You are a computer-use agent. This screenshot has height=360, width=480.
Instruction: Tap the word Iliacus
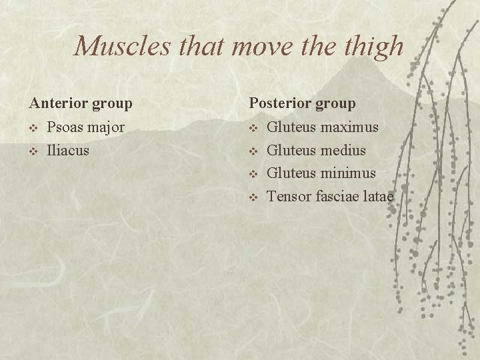(x=67, y=150)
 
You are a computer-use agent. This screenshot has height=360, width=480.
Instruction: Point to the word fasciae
(x=337, y=197)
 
